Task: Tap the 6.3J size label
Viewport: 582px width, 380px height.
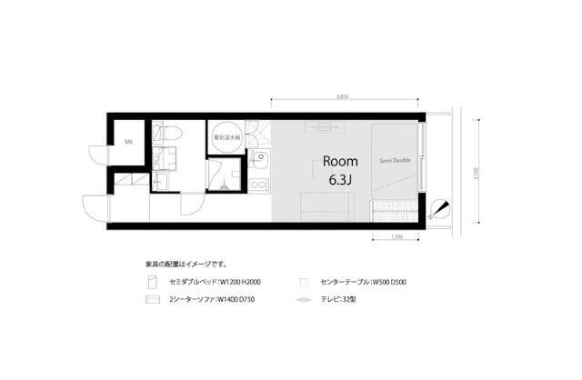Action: [340, 179]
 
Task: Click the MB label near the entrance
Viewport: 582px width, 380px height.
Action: [128, 142]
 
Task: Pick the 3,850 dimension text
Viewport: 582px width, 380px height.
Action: [342, 96]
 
